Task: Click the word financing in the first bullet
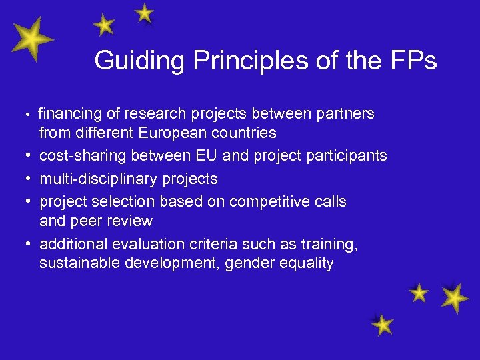(68, 114)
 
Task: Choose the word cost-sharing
(83, 156)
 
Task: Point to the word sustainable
(78, 263)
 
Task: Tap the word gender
(247, 263)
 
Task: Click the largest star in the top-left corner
(30, 41)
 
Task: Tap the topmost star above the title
(143, 13)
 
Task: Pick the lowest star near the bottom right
(382, 325)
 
